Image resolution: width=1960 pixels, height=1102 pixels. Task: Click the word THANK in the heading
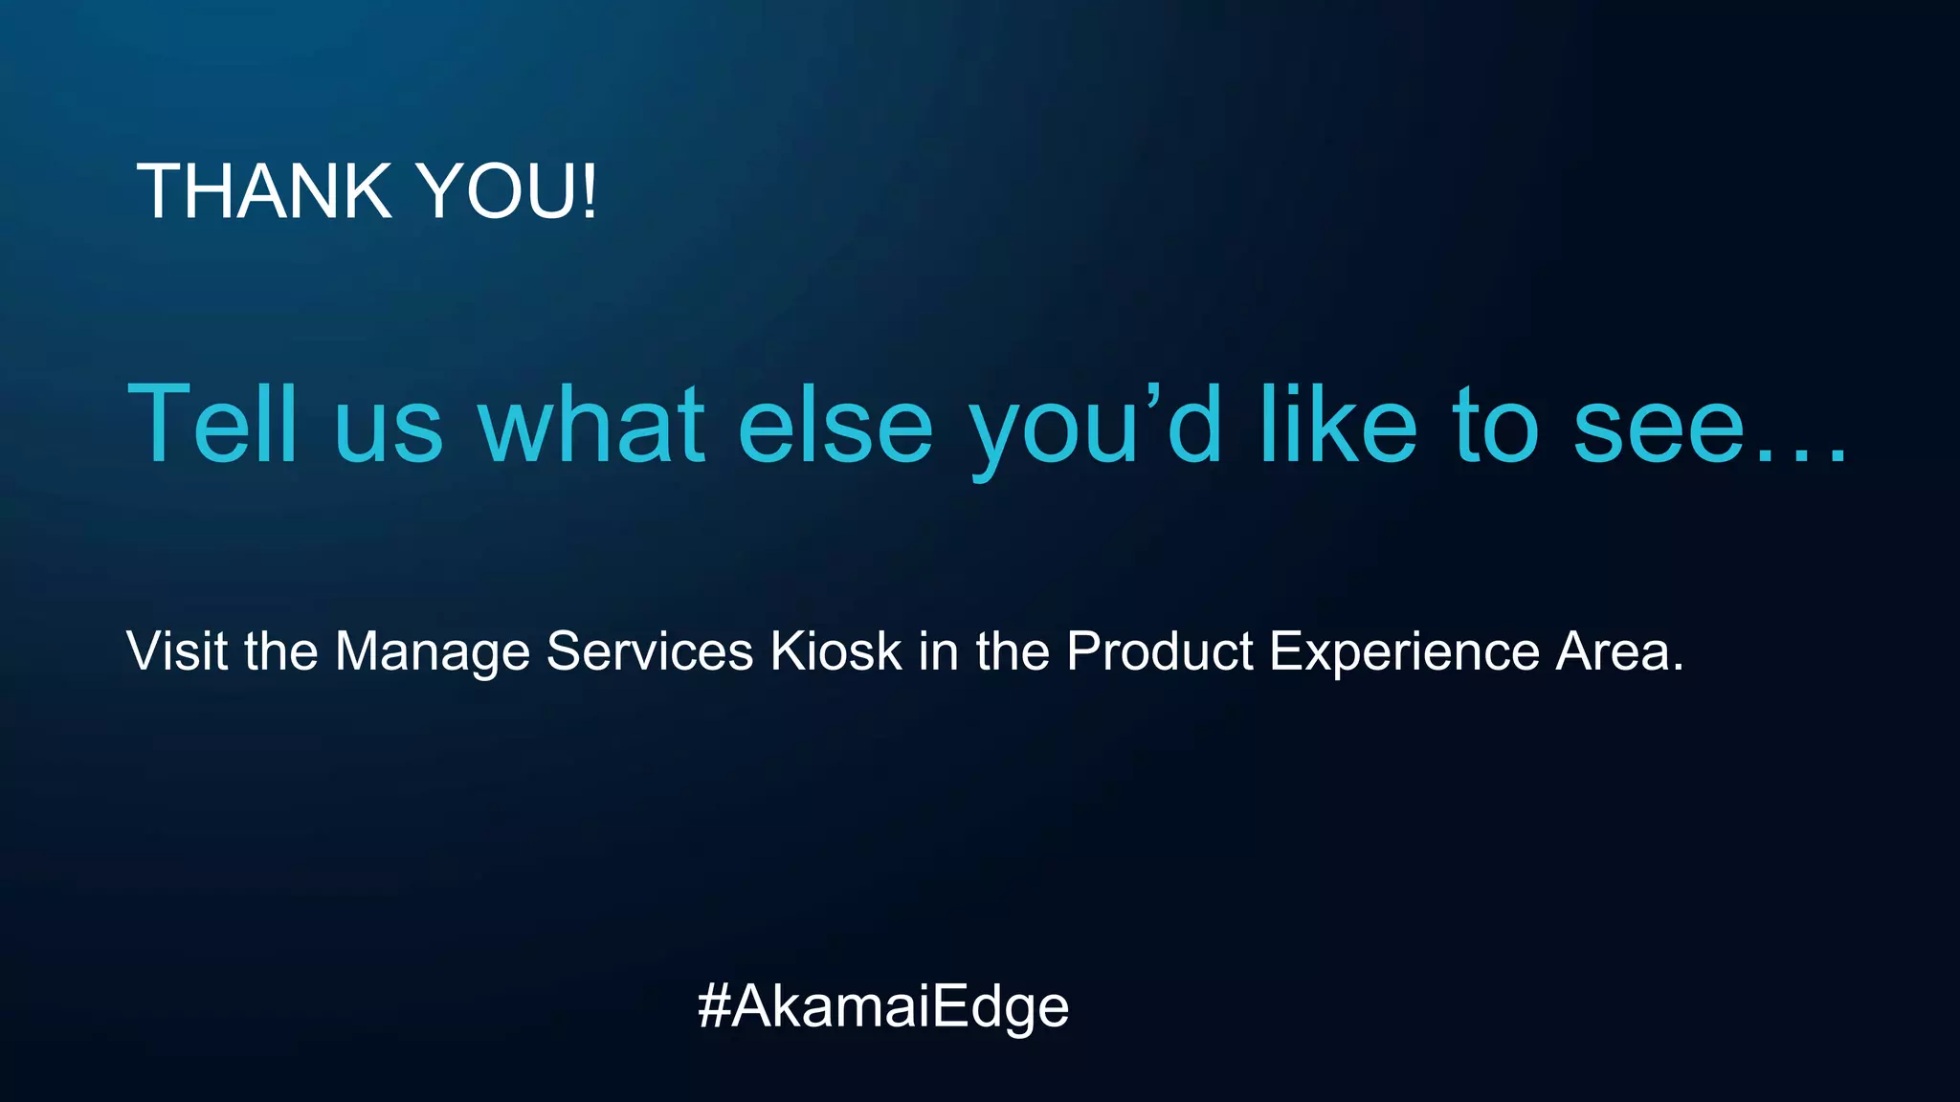pyautogui.click(x=264, y=191)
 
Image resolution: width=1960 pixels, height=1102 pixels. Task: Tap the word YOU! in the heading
pyautogui.click(x=508, y=191)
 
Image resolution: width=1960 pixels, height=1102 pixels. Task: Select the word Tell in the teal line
pyautogui.click(x=212, y=424)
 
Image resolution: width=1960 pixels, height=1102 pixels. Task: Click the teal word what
pyautogui.click(x=591, y=424)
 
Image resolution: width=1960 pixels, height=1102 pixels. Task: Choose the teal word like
pyautogui.click(x=1338, y=424)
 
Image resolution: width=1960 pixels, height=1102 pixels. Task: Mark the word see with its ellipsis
pyautogui.click(x=1709, y=430)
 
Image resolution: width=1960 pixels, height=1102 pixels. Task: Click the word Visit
pyautogui.click(x=177, y=651)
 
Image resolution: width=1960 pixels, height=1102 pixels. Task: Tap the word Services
pyautogui.click(x=650, y=651)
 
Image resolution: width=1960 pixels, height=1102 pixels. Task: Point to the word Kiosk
pyautogui.click(x=836, y=651)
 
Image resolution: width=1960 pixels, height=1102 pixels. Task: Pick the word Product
pyautogui.click(x=1159, y=651)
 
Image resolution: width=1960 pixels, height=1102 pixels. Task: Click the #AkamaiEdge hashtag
pyautogui.click(x=882, y=1007)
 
